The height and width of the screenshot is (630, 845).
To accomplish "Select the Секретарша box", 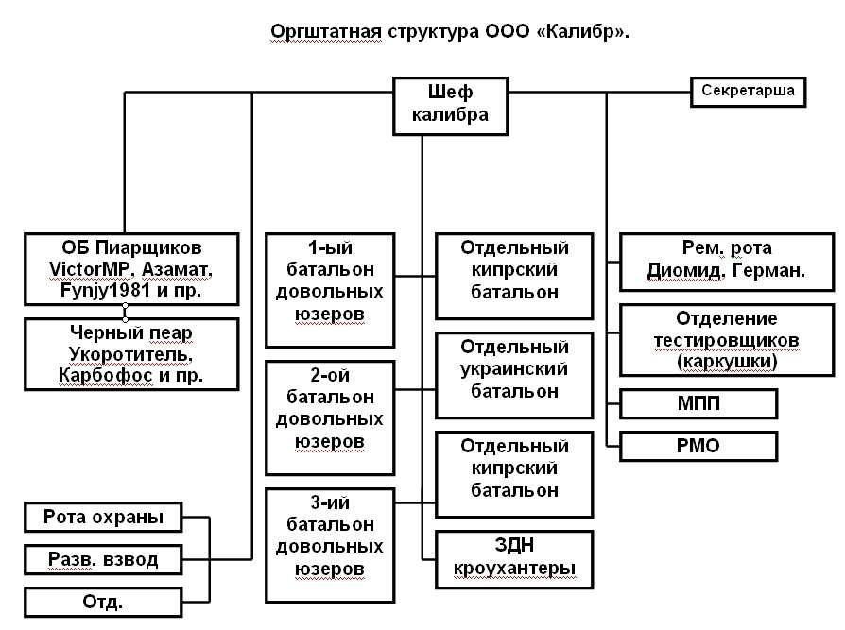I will pyautogui.click(x=748, y=92).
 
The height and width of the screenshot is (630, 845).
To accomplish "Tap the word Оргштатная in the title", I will pyautogui.click(x=324, y=31).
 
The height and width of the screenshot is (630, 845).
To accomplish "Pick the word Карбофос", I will pyautogui.click(x=93, y=376).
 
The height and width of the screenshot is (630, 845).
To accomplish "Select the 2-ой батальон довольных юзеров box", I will pyautogui.click(x=330, y=417).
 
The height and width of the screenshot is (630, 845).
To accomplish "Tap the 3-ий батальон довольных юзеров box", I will pyautogui.click(x=330, y=547).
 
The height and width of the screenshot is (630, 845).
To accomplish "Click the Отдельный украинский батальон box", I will pyautogui.click(x=514, y=370).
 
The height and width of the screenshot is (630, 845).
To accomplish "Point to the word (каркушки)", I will pyautogui.click(x=726, y=361).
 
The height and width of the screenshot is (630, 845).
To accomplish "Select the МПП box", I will pyautogui.click(x=698, y=403).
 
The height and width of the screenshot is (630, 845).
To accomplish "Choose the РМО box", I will pyautogui.click(x=698, y=446).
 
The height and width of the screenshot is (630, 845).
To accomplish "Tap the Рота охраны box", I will pyautogui.click(x=102, y=518).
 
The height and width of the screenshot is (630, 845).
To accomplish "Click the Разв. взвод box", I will pyautogui.click(x=102, y=560).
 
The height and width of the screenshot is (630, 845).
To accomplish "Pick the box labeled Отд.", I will pyautogui.click(x=102, y=602).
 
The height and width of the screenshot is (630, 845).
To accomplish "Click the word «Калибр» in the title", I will pyautogui.click(x=586, y=31).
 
